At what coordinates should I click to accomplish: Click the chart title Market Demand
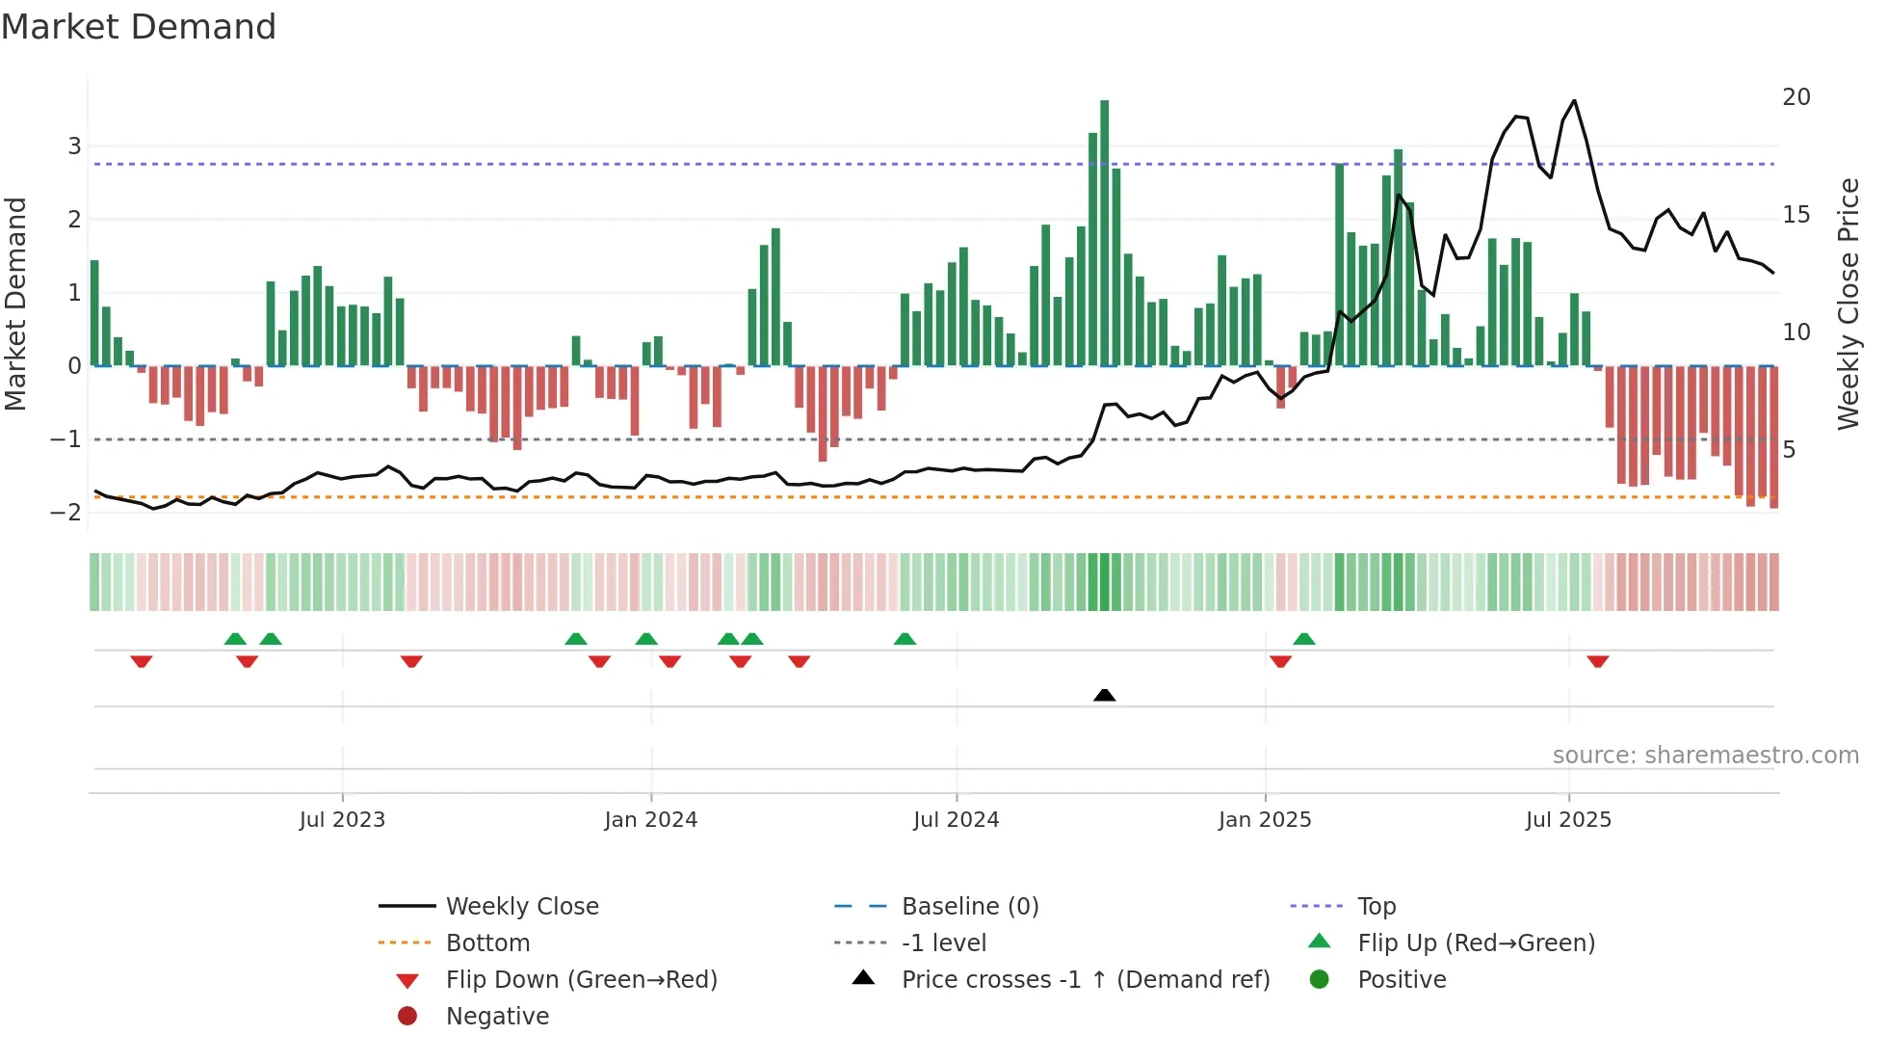pos(139,27)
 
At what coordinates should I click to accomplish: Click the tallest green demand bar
pos(1104,231)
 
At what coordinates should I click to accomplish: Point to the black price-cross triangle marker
pos(1105,695)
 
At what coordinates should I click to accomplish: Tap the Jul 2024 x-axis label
pos(956,819)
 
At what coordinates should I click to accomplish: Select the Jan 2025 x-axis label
pos(1264,819)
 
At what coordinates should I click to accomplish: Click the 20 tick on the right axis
pos(1796,97)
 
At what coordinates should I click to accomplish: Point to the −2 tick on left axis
pos(66,512)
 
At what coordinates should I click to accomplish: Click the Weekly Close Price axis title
pos(1848,304)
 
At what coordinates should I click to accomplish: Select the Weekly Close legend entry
pos(521,906)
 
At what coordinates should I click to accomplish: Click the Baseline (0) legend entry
pos(969,906)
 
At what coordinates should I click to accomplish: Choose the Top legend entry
pos(1376,906)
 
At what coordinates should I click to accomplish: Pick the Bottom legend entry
pos(487,943)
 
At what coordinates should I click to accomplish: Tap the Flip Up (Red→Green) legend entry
pos(1476,943)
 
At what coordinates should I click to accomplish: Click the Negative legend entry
pos(497,1016)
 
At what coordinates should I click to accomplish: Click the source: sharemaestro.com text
pos(1705,755)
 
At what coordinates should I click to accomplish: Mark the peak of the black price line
pos(1574,100)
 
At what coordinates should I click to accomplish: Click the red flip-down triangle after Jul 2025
pos(1597,661)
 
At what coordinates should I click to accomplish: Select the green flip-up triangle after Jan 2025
pos(1303,639)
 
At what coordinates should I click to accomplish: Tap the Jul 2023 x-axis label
pos(342,819)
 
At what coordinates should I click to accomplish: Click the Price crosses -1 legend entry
pos(1085,979)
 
